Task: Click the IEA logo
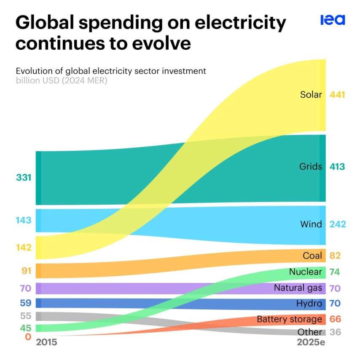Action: pyautogui.click(x=333, y=20)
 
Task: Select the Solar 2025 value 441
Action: pyautogui.click(x=337, y=95)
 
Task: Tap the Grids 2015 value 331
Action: pyautogui.click(x=24, y=178)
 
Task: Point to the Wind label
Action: pyautogui.click(x=311, y=224)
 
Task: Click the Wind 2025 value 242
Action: pyautogui.click(x=338, y=224)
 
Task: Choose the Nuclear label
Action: pyautogui.click(x=305, y=272)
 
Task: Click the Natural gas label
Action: pyautogui.click(x=298, y=288)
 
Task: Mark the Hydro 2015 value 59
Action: pyautogui.click(x=25, y=303)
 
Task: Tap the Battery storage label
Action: pyautogui.click(x=289, y=319)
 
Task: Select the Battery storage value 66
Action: pyautogui.click(x=335, y=319)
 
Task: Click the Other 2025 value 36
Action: pyautogui.click(x=335, y=332)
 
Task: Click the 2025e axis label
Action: pyautogui.click(x=311, y=342)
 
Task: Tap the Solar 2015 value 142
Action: pyautogui.click(x=24, y=248)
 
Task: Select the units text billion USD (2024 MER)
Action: pyautogui.click(x=62, y=80)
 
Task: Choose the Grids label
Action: pyautogui.click(x=311, y=167)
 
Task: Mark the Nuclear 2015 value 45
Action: pyautogui.click(x=25, y=328)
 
